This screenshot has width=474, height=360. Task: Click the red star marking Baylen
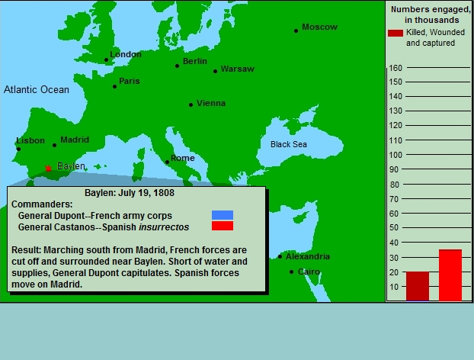pyautogui.click(x=48, y=169)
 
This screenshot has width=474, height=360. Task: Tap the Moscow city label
pyautogui.click(x=319, y=27)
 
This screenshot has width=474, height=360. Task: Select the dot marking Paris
pyautogui.click(x=114, y=86)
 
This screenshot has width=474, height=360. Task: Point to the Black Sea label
pyautogui.click(x=288, y=144)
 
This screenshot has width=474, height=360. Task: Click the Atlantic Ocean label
pyautogui.click(x=37, y=89)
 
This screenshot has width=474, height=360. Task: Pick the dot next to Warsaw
pyautogui.click(x=215, y=72)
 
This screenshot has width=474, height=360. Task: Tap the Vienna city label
pyautogui.click(x=211, y=103)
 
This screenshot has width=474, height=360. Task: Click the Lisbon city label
pyautogui.click(x=30, y=140)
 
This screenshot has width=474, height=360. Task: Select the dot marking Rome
pyautogui.click(x=167, y=162)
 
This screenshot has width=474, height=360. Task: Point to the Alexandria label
pyautogui.click(x=308, y=256)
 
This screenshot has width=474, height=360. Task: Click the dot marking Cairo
pyautogui.click(x=291, y=272)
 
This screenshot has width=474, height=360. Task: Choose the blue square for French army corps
pyautogui.click(x=223, y=215)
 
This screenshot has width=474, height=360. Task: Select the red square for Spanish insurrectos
pyautogui.click(x=223, y=226)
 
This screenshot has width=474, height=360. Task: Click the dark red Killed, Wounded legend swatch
pyautogui.click(x=396, y=33)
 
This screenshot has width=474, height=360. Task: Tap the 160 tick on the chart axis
pyautogui.click(x=396, y=68)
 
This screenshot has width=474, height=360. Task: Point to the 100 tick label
pyautogui.click(x=396, y=155)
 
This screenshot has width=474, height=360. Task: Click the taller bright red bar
pyautogui.click(x=450, y=275)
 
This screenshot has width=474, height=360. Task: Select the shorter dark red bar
pyautogui.click(x=418, y=287)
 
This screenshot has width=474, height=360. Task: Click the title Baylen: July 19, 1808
pyautogui.click(x=130, y=193)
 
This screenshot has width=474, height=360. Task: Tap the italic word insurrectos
pyautogui.click(x=164, y=227)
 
